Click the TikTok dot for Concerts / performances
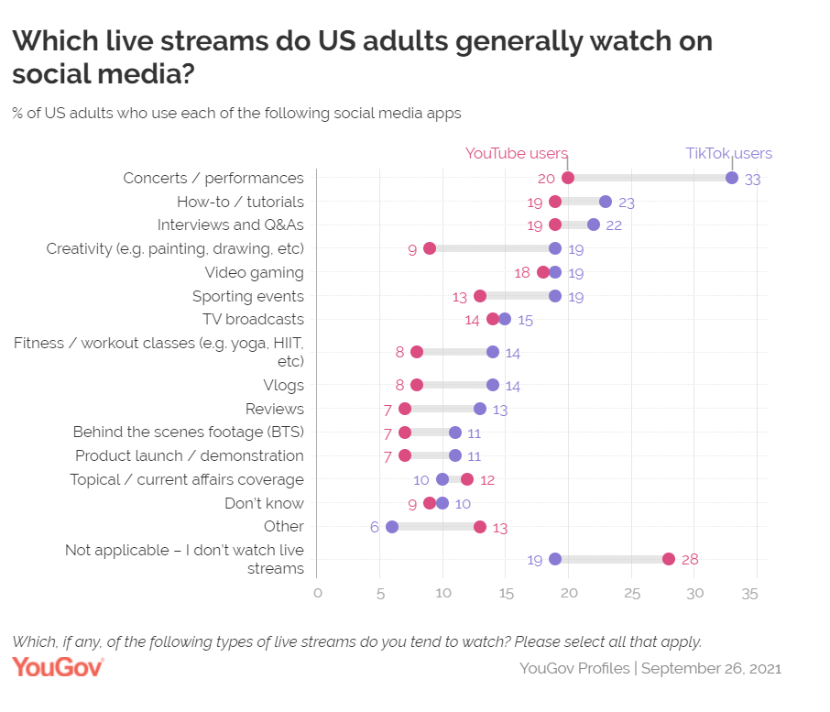click(x=732, y=178)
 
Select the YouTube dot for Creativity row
click(x=430, y=248)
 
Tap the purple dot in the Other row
click(x=392, y=527)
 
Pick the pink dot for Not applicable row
click(x=669, y=559)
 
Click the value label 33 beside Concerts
click(x=753, y=180)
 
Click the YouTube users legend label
click(x=517, y=154)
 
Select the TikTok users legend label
click(x=729, y=154)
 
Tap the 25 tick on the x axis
click(x=631, y=594)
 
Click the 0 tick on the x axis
click(x=317, y=594)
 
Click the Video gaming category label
click(x=255, y=272)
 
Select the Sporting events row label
click(x=248, y=296)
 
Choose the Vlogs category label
click(x=283, y=385)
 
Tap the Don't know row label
click(x=264, y=503)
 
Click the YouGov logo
click(x=58, y=667)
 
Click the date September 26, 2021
click(x=711, y=668)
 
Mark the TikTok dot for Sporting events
click(x=555, y=296)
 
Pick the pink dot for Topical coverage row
click(x=467, y=479)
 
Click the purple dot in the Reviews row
click(x=480, y=409)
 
